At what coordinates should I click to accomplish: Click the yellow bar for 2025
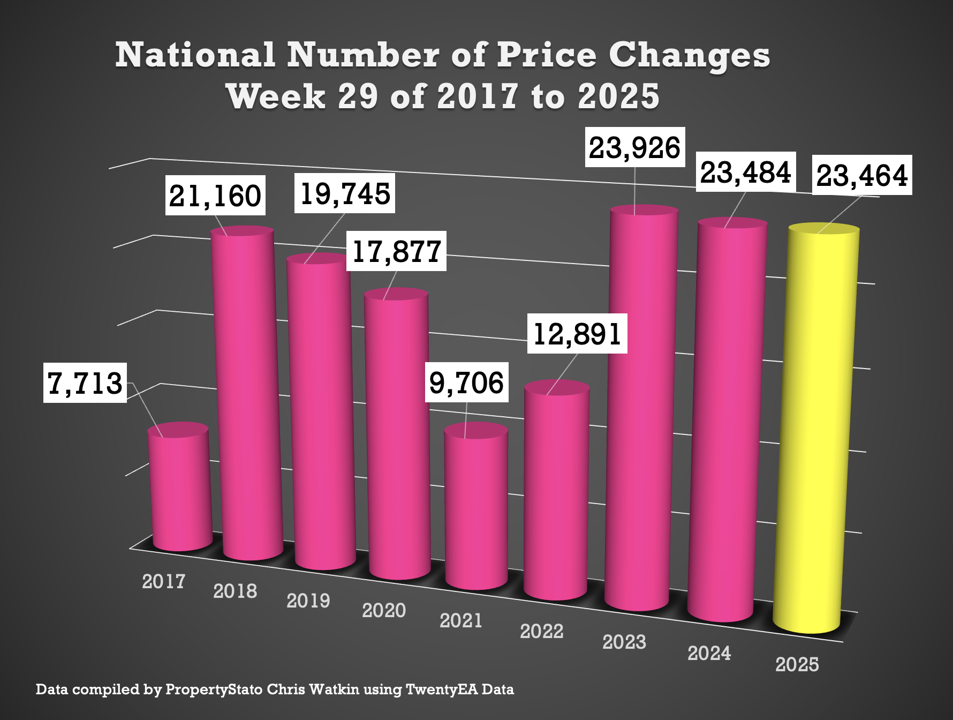click(x=816, y=429)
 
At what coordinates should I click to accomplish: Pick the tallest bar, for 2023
click(x=640, y=407)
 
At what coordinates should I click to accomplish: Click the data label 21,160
click(x=215, y=196)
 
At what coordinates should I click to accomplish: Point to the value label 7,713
click(x=85, y=382)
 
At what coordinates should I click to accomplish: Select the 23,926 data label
click(x=635, y=147)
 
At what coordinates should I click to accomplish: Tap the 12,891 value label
click(x=577, y=334)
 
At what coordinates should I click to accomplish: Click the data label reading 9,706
click(x=466, y=382)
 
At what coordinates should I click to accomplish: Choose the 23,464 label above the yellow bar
click(x=862, y=175)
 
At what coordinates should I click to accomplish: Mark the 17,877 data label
click(x=397, y=251)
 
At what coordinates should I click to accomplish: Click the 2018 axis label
click(x=235, y=591)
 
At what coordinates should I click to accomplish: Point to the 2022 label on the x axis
click(x=541, y=631)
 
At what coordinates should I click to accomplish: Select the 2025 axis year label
click(x=797, y=664)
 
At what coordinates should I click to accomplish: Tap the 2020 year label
click(x=384, y=610)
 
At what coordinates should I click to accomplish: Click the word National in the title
click(x=195, y=55)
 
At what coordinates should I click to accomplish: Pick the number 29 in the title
click(x=357, y=96)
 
